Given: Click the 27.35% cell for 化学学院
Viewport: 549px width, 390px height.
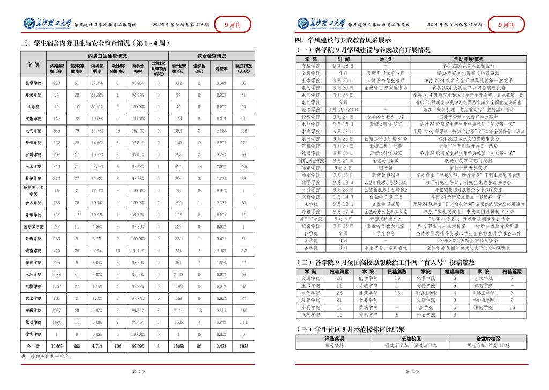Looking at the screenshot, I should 97,83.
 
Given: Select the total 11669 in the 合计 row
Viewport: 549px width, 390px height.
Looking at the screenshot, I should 56,347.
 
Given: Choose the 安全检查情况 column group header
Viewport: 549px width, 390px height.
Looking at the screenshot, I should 211,55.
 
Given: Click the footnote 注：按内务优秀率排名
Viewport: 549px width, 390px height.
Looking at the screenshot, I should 47,356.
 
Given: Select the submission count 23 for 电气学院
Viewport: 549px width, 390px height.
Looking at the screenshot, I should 339,293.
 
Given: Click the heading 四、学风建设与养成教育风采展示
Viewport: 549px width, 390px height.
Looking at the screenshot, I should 344,40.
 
